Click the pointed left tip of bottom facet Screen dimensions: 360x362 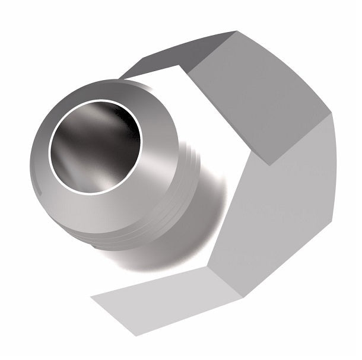pos(91,294)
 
